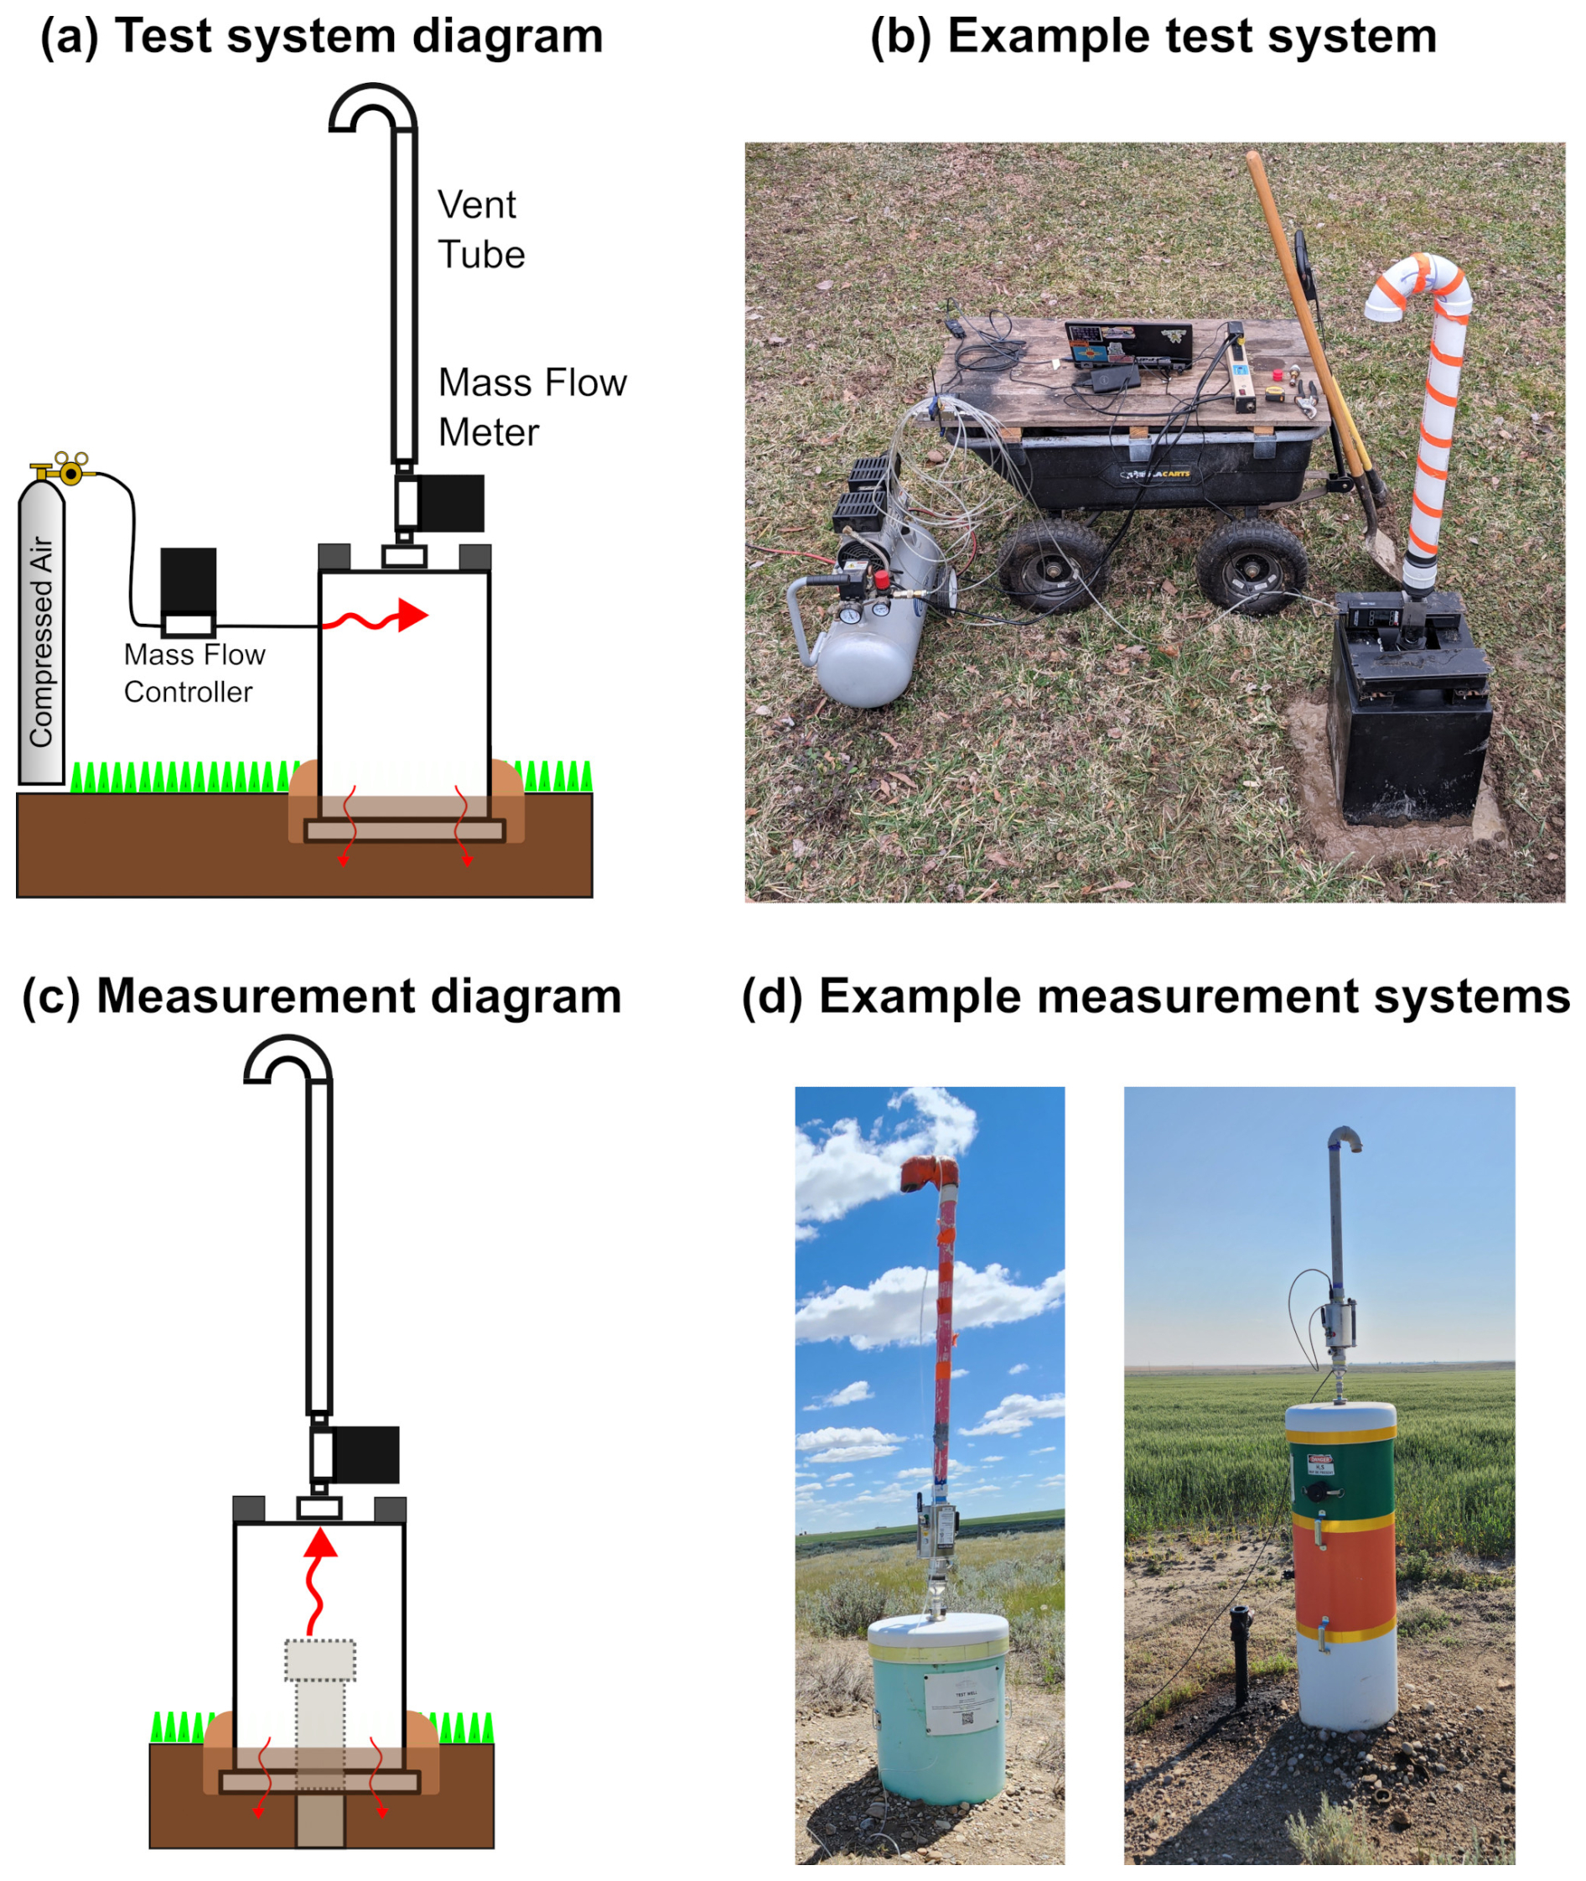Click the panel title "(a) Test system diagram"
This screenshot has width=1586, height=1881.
(x=322, y=38)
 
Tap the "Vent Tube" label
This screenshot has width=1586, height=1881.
(x=481, y=230)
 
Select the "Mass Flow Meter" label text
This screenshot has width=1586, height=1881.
(x=532, y=408)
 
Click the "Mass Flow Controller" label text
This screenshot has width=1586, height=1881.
(x=194, y=673)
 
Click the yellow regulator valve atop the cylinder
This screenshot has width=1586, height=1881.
(x=66, y=469)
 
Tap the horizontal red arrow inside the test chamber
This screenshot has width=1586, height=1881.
(x=377, y=617)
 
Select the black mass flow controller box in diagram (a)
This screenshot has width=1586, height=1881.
(x=188, y=580)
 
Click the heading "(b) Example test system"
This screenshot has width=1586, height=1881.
(x=1153, y=38)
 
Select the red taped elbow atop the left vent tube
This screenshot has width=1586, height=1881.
(x=930, y=1174)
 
